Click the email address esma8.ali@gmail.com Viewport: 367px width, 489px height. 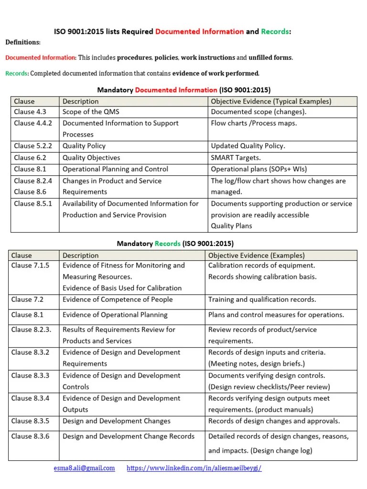tap(84, 468)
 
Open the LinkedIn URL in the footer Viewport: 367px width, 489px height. tap(194, 468)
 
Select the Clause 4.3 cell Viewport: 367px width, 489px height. tap(30, 112)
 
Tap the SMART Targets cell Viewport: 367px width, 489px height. tap(236, 158)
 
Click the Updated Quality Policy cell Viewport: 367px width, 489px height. tap(248, 146)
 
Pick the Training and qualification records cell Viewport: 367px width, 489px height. tap(262, 299)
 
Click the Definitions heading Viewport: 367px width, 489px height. tap(22, 43)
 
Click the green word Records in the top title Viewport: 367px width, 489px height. tap(274, 32)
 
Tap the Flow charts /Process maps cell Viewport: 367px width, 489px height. tap(254, 123)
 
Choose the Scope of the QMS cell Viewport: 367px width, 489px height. tap(91, 112)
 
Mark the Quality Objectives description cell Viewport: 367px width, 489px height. tap(91, 158)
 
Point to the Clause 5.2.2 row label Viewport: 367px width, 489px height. tap(33, 146)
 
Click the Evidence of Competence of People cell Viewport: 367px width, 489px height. tap(118, 299)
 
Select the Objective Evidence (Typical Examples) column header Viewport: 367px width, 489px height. tap(271, 101)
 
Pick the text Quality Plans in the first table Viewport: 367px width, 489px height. tap(231, 226)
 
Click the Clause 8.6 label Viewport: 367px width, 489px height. tap(30, 192)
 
